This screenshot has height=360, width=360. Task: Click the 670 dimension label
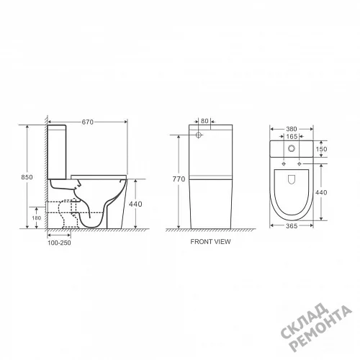pos(87,122)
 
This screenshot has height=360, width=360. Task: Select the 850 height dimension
pos(27,177)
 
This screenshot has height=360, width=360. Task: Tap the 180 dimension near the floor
pos(37,218)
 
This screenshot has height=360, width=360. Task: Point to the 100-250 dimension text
pos(59,243)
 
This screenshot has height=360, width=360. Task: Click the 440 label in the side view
pos(135,204)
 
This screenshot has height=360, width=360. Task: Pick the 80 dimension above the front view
pos(204,121)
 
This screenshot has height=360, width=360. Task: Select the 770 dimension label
pos(179,179)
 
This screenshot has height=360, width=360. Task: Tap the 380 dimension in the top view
pos(292,129)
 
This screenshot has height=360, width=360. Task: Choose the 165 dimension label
pos(292,136)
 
